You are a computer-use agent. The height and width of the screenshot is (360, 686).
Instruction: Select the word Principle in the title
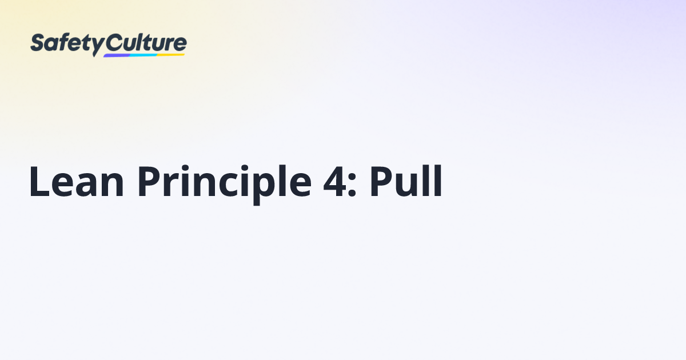click(x=223, y=183)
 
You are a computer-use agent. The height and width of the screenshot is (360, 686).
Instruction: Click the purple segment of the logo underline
click(x=117, y=55)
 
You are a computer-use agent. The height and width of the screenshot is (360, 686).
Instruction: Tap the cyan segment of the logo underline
click(x=143, y=55)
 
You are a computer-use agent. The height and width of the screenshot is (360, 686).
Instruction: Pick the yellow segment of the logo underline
click(x=171, y=54)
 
